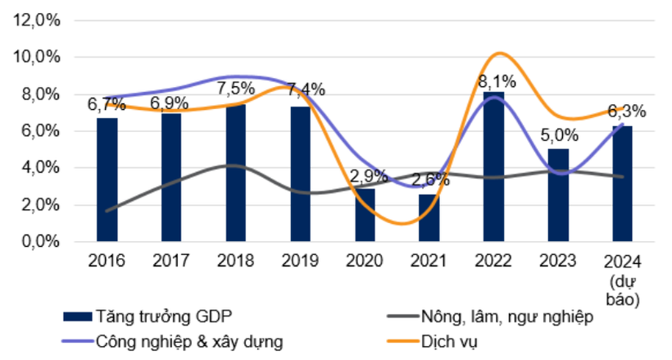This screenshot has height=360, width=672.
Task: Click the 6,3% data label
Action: click(x=626, y=112)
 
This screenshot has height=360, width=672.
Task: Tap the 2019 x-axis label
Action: click(x=301, y=262)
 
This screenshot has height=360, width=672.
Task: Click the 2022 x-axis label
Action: click(x=494, y=262)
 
